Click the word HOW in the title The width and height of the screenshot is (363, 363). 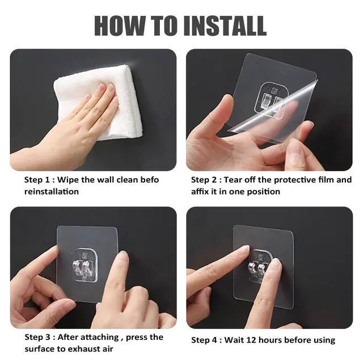point(120,26)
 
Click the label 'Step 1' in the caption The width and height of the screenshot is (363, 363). point(37,180)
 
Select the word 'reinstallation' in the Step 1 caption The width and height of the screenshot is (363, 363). point(52,192)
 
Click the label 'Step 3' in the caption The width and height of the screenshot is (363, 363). point(37,337)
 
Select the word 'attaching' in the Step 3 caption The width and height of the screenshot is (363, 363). point(99,337)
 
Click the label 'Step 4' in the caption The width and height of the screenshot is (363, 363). point(204,340)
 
